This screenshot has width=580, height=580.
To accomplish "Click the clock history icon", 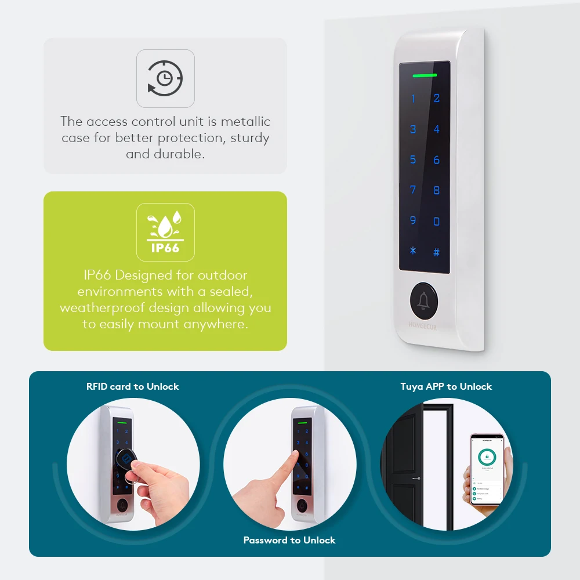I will (165, 78).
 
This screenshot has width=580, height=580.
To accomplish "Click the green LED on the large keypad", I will (425, 75).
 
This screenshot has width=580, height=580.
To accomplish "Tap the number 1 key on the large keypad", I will (413, 99).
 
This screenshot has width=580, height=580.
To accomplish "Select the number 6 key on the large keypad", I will (437, 159).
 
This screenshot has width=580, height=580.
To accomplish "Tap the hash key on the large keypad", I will (437, 252).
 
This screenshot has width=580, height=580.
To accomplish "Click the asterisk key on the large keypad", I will (413, 251).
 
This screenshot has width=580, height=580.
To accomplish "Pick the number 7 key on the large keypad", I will (413, 190).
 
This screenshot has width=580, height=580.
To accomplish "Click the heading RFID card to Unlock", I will (133, 386).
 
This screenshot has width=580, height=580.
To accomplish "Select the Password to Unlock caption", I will (289, 540).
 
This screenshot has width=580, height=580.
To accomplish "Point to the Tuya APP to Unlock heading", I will (446, 386).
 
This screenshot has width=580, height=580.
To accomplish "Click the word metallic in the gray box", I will (245, 122).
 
